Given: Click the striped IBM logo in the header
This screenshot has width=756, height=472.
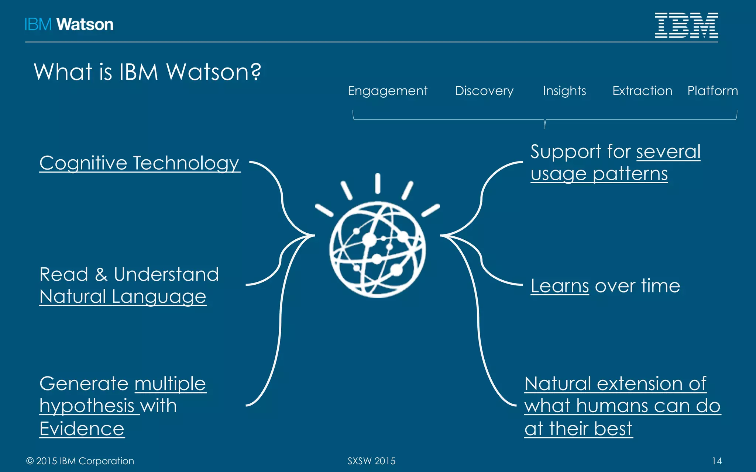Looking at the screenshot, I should click(686, 25).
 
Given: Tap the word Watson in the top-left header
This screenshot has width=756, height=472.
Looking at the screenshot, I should click(85, 25).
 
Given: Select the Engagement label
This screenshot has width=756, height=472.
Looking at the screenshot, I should click(388, 91).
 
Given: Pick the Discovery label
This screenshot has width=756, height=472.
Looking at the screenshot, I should click(484, 91).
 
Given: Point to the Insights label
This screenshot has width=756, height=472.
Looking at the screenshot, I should click(564, 91).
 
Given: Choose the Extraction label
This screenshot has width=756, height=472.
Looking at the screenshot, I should click(642, 91).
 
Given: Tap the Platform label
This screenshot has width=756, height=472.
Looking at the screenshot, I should click(712, 91).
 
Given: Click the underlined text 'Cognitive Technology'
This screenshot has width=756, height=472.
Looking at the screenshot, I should click(140, 163).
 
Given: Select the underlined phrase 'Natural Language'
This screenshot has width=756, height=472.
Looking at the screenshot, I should click(123, 296).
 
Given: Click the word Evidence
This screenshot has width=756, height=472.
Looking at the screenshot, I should click(82, 428).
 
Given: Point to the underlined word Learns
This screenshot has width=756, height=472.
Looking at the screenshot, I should click(560, 286).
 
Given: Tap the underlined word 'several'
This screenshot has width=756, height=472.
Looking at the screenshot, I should click(668, 152).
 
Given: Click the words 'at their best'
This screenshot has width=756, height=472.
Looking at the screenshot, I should click(578, 428).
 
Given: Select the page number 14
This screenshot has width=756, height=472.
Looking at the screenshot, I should click(717, 461).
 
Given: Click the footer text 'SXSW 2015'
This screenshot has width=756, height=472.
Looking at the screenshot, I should click(371, 461).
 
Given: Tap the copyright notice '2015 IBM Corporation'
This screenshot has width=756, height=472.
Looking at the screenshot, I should click(85, 461).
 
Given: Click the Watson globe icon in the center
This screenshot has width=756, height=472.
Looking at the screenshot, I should click(377, 249).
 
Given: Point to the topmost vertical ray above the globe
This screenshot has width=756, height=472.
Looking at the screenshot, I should click(378, 183).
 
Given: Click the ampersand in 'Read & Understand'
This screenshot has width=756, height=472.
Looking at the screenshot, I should click(101, 275).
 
